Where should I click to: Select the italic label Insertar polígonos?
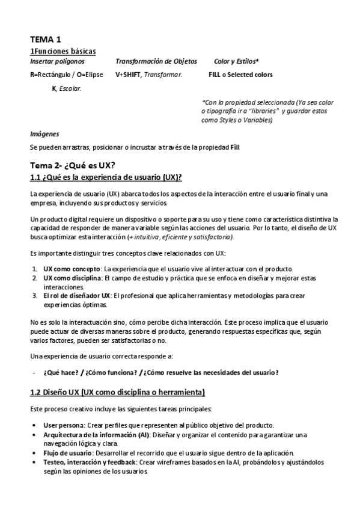pos(57,61)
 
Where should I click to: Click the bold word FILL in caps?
pos(214,75)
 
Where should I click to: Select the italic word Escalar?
pos(70,88)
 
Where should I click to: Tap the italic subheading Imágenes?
pos(44,134)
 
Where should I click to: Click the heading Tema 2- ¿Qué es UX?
pos(73,165)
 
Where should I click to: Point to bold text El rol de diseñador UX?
pos(76,296)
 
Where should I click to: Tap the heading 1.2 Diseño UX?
pos(117,393)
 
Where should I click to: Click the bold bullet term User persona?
pos(63,425)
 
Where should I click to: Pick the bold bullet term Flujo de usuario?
pos(67,452)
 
